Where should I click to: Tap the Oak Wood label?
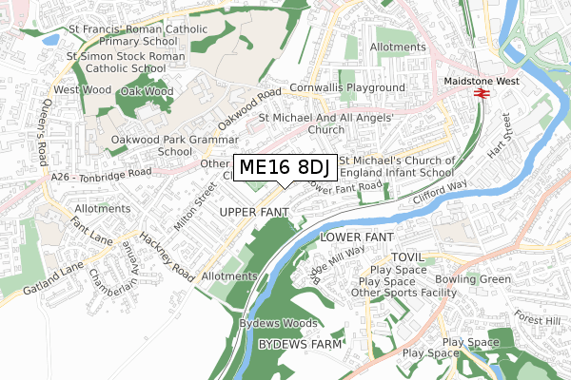click(147, 92)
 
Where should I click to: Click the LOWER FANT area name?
click(356, 235)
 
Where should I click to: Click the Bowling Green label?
click(473, 280)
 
